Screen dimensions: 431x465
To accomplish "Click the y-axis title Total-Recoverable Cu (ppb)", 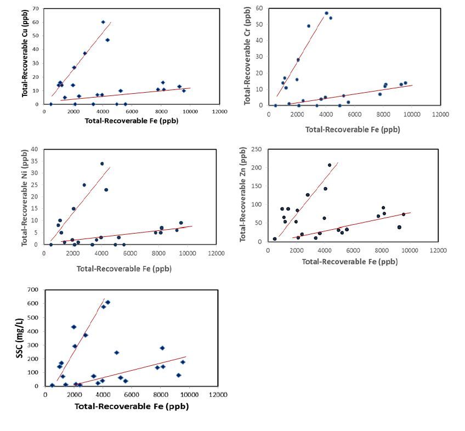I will pyautogui.click(x=25, y=56).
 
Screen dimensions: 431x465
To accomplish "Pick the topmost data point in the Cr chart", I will pyautogui.click(x=326, y=13).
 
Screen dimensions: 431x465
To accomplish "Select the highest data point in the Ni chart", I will pyautogui.click(x=102, y=163).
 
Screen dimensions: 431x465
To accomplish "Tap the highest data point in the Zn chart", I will pyautogui.click(x=330, y=165).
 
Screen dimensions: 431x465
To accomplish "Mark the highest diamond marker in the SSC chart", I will pyautogui.click(x=107, y=302).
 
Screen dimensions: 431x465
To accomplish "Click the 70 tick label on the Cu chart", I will pyautogui.click(x=36, y=9).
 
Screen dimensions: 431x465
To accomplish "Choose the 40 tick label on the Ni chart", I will pyautogui.click(x=36, y=149).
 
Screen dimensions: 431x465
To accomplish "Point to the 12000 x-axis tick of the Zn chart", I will pyautogui.click(x=437, y=250).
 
